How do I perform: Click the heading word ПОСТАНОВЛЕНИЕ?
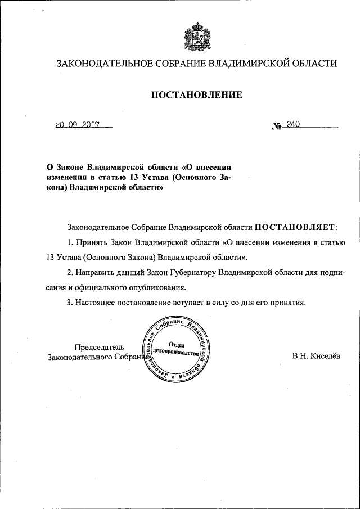[x=197, y=95]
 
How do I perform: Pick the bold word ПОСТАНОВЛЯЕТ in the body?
[x=295, y=228]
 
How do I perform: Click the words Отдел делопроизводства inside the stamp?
[x=177, y=349]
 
